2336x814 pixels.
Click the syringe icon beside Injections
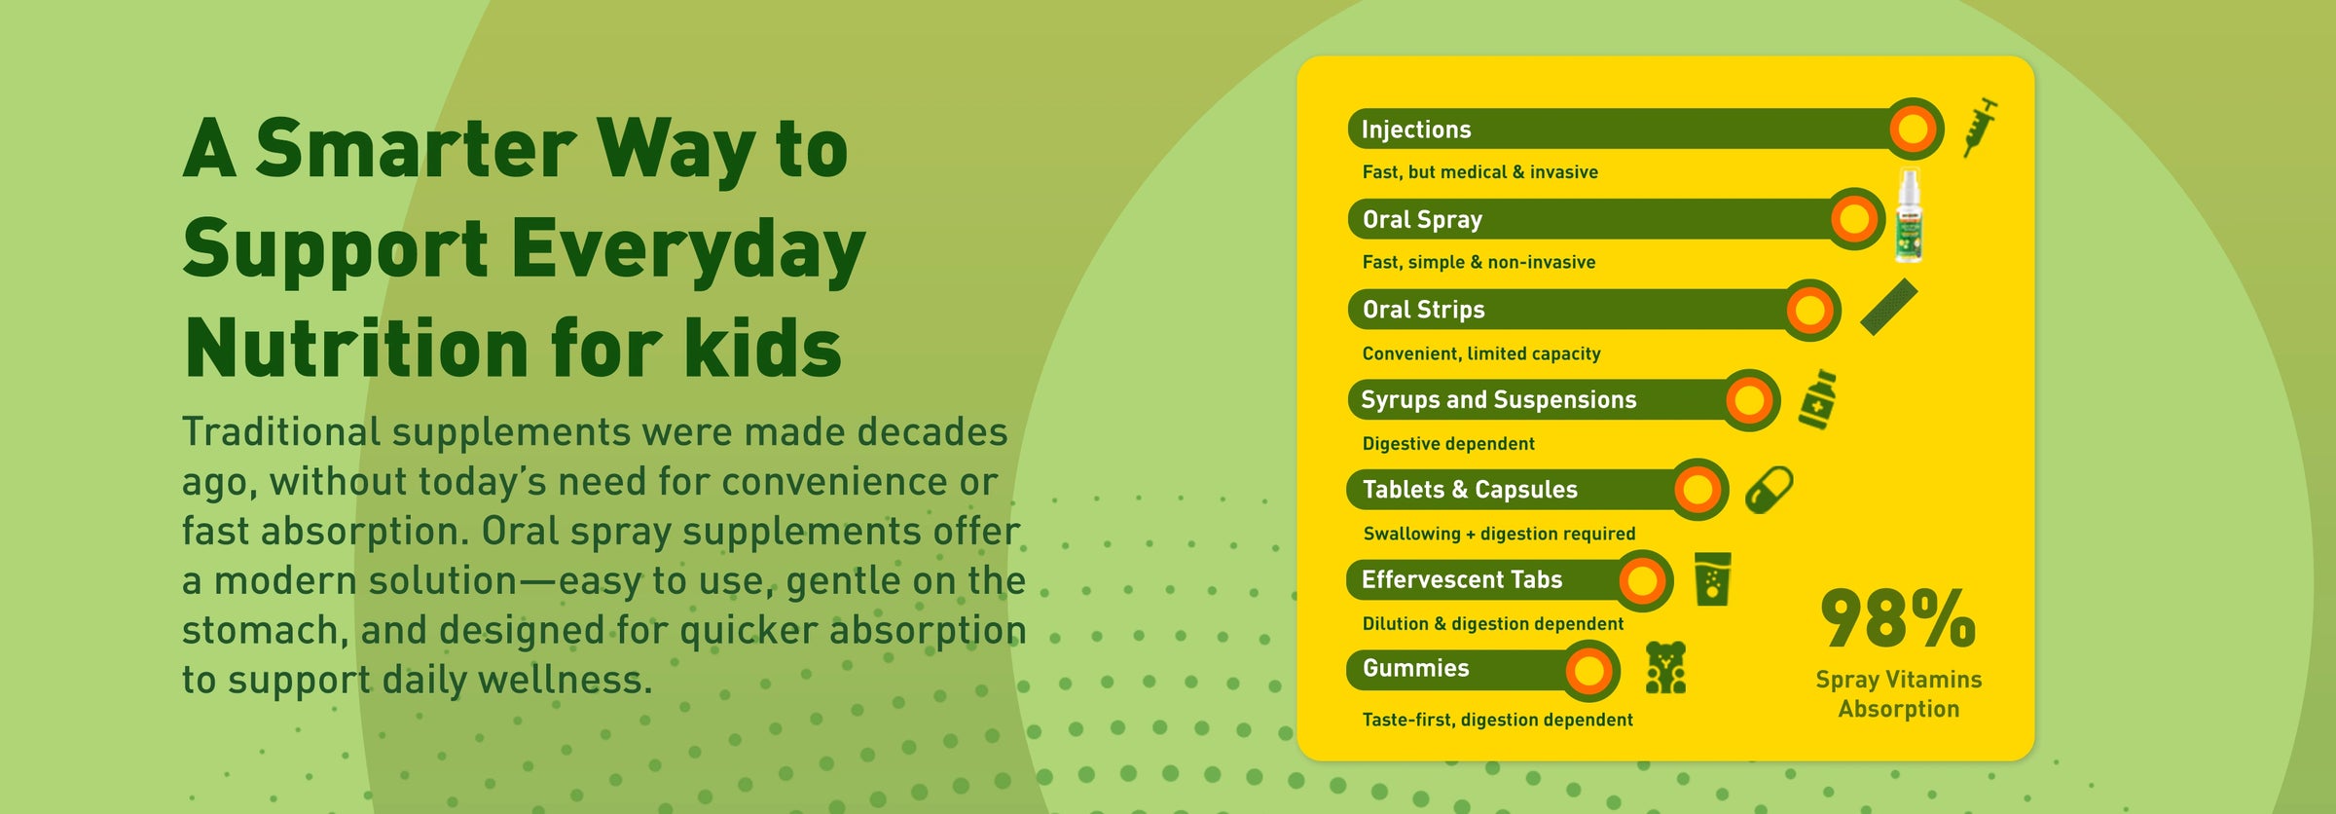pos(1980,128)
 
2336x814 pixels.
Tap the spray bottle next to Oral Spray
pos(1909,216)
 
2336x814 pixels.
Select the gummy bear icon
pos(1665,667)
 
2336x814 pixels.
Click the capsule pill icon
pos(1769,489)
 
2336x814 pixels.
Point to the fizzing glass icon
pos(1712,579)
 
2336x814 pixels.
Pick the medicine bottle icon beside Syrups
pos(1817,399)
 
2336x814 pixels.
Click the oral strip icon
pos(1888,307)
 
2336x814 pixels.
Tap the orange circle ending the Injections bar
pos(1914,129)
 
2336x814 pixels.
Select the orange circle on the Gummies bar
pos(1589,670)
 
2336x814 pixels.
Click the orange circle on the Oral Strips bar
pos(1809,311)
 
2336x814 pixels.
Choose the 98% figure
pos(1898,618)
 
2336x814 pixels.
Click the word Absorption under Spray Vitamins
pos(1899,709)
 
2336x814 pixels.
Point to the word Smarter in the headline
pos(417,149)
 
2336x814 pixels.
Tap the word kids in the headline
pos(762,348)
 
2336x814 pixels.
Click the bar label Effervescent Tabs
pos(1462,579)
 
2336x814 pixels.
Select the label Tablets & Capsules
pos(1470,490)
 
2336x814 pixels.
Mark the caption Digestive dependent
pos(1448,444)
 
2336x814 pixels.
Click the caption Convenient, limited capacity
pos(1481,353)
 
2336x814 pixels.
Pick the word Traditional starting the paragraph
pos(281,431)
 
